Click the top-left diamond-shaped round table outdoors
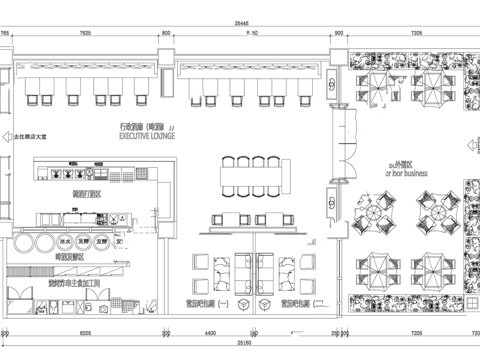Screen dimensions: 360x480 371,213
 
